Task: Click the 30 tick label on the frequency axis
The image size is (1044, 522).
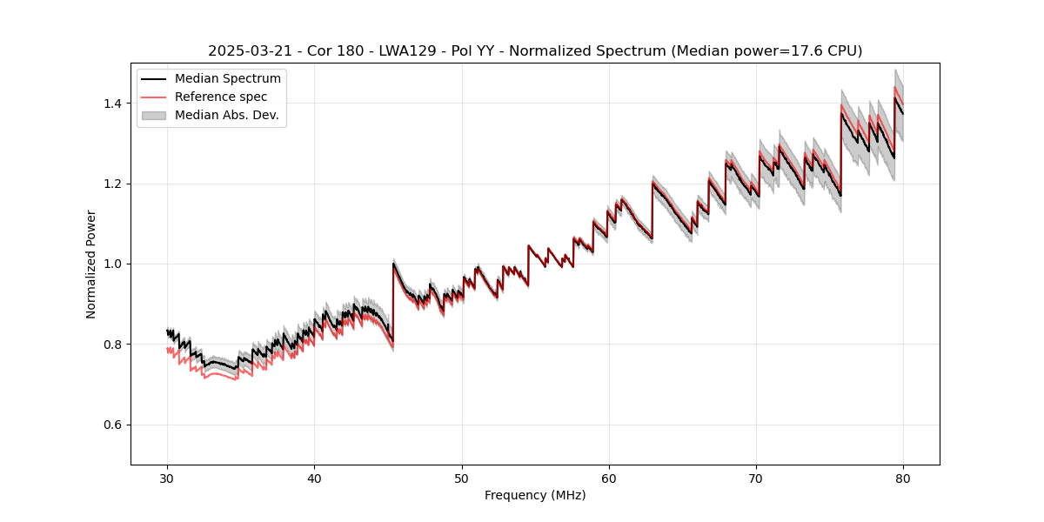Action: (167, 478)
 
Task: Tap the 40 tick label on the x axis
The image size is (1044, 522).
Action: (314, 478)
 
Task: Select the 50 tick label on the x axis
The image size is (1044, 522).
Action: (462, 478)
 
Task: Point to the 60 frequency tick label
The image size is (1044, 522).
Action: (609, 478)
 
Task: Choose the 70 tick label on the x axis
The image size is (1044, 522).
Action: (756, 478)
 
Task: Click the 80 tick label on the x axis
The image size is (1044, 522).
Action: (903, 478)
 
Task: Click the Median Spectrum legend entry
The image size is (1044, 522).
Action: (227, 79)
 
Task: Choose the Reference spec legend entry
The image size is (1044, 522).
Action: (221, 97)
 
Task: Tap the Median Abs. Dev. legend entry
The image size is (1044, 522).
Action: (226, 115)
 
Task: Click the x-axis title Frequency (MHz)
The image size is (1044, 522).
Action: (535, 495)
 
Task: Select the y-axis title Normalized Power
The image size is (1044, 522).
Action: (91, 264)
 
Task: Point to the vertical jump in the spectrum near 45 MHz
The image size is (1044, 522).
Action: (393, 300)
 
